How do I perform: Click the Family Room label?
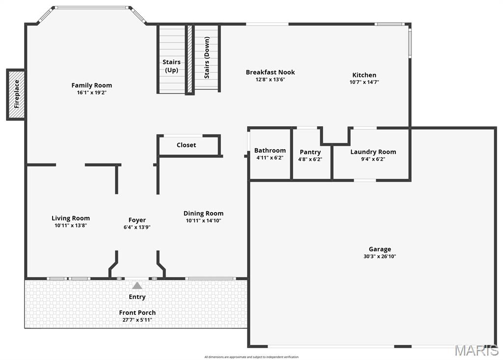coord(91,85)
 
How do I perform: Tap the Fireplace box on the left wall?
coord(16,94)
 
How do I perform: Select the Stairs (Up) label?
coord(171,66)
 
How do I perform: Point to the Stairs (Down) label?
coord(207,58)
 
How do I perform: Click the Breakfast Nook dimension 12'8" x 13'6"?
coord(270,80)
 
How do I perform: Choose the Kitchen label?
coord(364,75)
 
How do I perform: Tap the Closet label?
coord(186,145)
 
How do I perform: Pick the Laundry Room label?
coord(373,152)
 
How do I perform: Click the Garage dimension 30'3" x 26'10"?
coord(380,256)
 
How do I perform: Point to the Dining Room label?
coord(203,213)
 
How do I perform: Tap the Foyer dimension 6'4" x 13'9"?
coord(137,227)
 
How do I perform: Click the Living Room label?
coord(71,218)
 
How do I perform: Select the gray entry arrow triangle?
coord(137,285)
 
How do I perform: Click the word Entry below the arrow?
coord(137,297)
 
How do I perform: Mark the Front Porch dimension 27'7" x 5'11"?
coord(137,320)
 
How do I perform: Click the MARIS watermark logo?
coord(476,350)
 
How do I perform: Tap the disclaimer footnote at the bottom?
coord(251,357)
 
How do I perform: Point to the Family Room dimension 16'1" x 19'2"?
coord(91,92)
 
